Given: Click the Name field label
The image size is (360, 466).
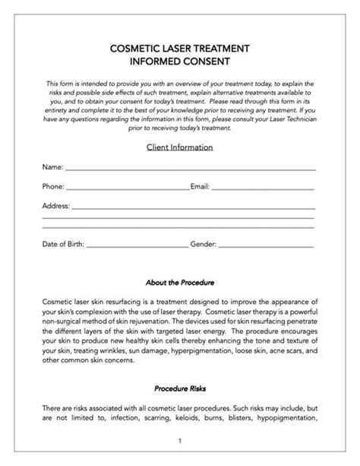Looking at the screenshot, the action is click(x=52, y=166).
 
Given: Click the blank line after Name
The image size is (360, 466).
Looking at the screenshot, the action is click(x=190, y=168).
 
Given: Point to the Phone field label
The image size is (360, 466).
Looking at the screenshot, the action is click(x=53, y=185).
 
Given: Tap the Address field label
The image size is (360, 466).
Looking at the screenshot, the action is click(x=55, y=205).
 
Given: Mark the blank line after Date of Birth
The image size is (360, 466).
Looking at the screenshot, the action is click(x=137, y=247).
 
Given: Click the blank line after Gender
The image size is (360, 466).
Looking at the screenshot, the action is click(x=266, y=247).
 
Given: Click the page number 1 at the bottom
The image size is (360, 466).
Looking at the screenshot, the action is click(x=179, y=440).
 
